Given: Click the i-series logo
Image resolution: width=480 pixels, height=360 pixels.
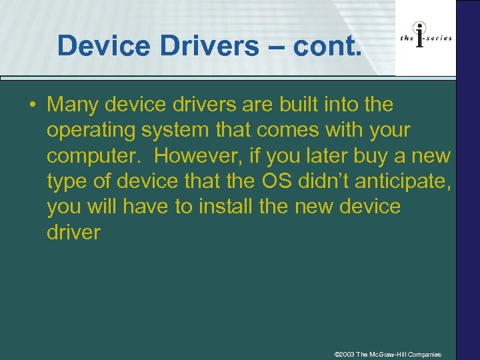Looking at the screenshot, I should point(425,39).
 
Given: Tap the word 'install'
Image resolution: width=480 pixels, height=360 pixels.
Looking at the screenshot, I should point(223,207).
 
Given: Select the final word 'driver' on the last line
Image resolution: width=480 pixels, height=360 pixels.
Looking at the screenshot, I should point(73,232).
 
